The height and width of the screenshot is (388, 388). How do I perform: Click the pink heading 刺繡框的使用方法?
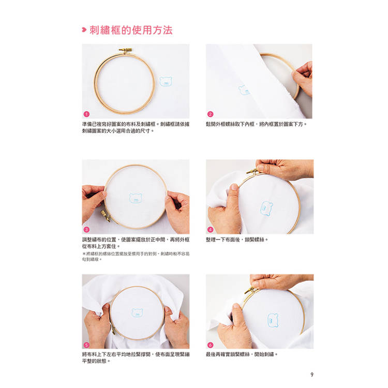coord(131,30)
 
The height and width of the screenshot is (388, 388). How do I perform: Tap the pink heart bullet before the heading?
coord(84,30)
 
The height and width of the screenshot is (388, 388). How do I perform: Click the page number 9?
coord(312,375)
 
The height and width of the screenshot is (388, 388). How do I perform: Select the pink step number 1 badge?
coord(86,114)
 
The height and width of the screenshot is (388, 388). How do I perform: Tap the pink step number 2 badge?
coord(210,114)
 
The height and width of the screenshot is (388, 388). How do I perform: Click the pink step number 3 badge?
coord(86,230)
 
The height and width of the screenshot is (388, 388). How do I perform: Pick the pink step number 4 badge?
coord(210,230)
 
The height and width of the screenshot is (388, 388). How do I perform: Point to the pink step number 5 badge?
coord(86,345)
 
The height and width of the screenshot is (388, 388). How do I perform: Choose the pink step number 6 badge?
coord(210,345)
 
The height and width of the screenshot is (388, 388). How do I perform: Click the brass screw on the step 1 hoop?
coord(126,51)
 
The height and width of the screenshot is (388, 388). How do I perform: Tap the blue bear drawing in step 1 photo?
coord(166,81)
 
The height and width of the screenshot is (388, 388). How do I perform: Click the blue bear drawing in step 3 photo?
coord(136,198)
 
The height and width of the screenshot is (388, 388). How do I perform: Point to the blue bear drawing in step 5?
coord(138,313)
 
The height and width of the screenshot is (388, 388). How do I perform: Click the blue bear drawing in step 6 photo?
coord(273,320)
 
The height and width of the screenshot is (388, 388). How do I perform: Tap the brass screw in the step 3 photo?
coord(106,216)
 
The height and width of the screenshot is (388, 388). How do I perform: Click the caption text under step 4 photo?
coord(237,240)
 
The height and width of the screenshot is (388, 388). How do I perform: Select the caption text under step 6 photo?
coord(242,354)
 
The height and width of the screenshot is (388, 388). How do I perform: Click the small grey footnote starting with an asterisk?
coord(136,257)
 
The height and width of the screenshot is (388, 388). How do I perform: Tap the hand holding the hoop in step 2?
coord(303,78)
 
